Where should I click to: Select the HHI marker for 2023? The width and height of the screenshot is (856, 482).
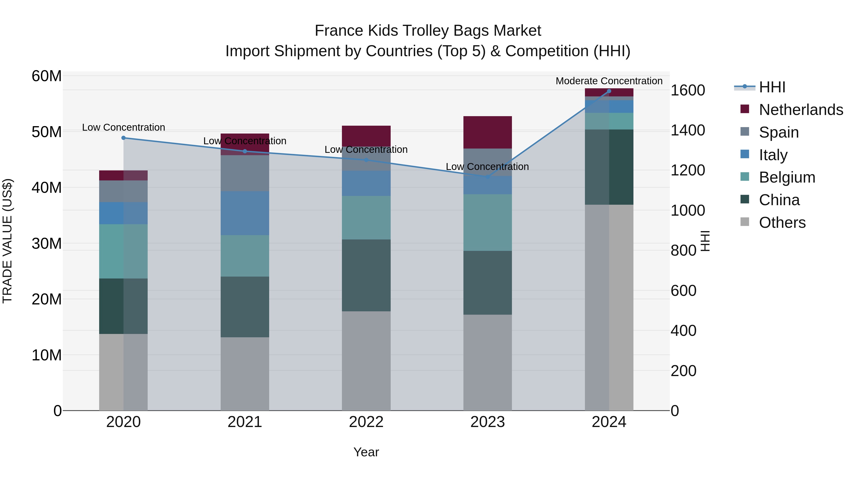pyautogui.click(x=487, y=177)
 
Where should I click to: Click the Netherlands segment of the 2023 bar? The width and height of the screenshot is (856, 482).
pyautogui.click(x=487, y=132)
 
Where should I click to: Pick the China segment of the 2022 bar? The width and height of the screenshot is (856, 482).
pyautogui.click(x=366, y=275)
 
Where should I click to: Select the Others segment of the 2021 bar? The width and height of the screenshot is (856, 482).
pyautogui.click(x=245, y=374)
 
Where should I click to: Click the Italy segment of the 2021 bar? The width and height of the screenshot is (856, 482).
pyautogui.click(x=245, y=213)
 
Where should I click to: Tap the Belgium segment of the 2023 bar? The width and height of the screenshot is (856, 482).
pyautogui.click(x=487, y=223)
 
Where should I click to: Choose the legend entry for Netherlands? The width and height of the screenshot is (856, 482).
pyautogui.click(x=801, y=110)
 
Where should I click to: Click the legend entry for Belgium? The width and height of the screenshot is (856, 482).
pyautogui.click(x=787, y=177)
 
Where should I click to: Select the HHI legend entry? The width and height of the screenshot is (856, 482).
pyautogui.click(x=772, y=87)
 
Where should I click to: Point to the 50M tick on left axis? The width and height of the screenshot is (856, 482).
pyautogui.click(x=47, y=132)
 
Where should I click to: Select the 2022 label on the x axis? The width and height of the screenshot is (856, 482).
pyautogui.click(x=366, y=422)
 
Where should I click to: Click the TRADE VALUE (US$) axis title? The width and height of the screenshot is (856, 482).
pyautogui.click(x=7, y=241)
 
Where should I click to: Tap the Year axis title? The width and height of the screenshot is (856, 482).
pyautogui.click(x=366, y=452)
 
